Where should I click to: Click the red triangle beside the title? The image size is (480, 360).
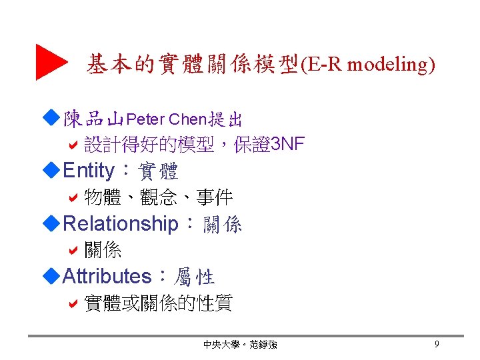49,62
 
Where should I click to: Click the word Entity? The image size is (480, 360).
88,171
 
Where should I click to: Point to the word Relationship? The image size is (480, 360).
120,223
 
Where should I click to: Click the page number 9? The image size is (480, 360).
436,344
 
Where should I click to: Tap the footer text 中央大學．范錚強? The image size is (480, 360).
240,345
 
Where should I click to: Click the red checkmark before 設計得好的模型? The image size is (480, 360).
74,143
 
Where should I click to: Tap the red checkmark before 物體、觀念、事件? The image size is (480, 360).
74,197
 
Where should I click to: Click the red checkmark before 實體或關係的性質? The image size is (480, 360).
74,303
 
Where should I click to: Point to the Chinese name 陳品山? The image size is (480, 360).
93,120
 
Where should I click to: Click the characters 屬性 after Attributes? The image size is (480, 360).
194,277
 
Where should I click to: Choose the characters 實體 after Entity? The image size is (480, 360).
158,172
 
